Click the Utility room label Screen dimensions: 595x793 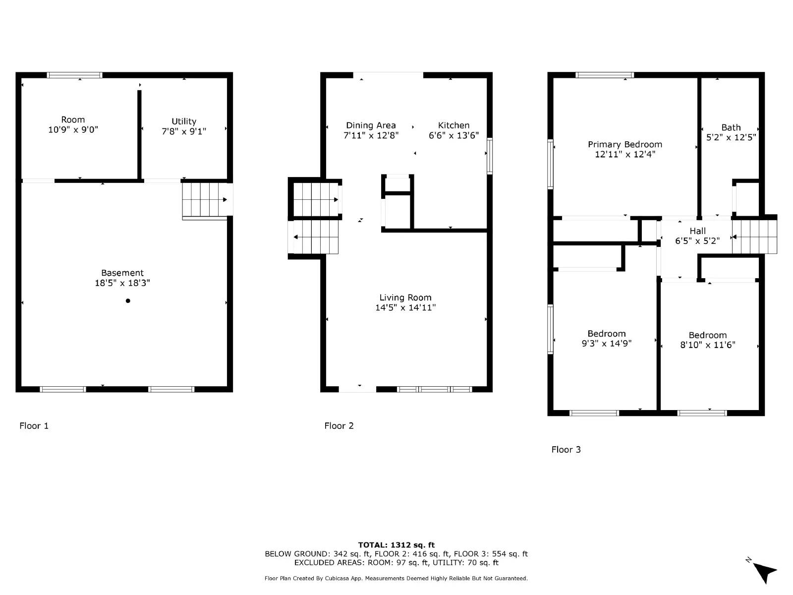184,121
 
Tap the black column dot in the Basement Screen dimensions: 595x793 128,300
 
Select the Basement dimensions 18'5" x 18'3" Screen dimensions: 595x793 122,283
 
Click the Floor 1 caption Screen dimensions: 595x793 34,426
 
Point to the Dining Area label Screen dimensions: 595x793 371,125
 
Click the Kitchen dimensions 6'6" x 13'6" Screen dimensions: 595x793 453,135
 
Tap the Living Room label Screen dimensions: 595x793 405,297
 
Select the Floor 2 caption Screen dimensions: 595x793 339,426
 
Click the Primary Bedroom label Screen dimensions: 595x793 625,144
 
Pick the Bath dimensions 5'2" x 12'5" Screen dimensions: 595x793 731,137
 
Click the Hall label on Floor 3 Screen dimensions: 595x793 697,231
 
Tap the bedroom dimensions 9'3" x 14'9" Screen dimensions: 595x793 607,344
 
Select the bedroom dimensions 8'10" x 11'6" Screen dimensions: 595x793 708,345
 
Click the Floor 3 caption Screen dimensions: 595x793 566,450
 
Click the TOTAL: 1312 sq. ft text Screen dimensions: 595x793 396,545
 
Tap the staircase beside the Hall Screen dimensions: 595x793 754,237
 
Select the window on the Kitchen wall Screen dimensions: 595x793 490,156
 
